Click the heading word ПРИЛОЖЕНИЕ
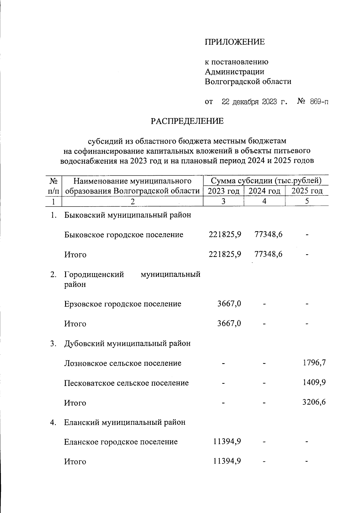click(x=235, y=42)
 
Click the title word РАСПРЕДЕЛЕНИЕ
click(x=187, y=121)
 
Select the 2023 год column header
click(x=223, y=191)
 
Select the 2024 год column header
click(x=265, y=191)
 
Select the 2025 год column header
click(x=307, y=191)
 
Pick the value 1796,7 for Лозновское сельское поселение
click(x=314, y=363)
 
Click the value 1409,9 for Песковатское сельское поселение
click(x=314, y=383)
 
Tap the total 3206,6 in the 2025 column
click(x=314, y=402)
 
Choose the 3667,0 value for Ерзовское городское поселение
click(x=229, y=304)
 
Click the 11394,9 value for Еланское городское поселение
click(x=227, y=441)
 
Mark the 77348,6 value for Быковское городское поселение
click(x=268, y=234)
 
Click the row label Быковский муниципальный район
click(x=127, y=215)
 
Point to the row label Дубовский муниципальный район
click(x=127, y=343)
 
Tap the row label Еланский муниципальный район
click(x=124, y=422)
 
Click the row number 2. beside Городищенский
click(x=53, y=275)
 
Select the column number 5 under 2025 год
click(x=307, y=201)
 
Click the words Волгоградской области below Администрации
click(x=248, y=81)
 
